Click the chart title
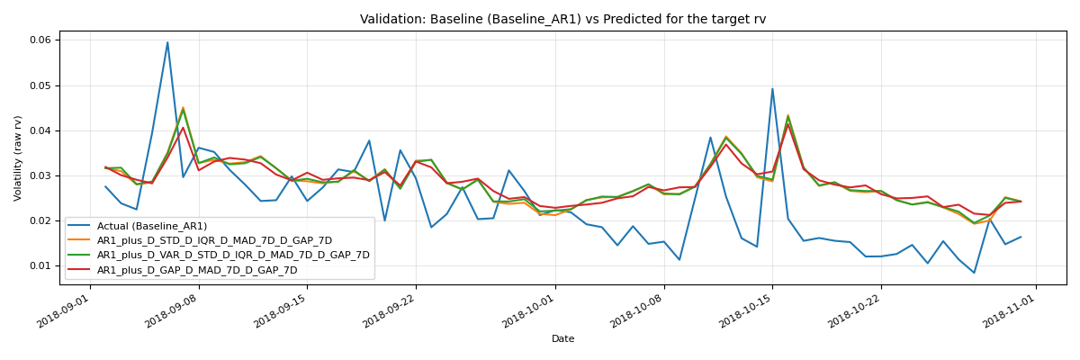562,19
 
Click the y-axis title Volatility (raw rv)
18,157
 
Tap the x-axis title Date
562,339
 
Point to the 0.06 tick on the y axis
40,40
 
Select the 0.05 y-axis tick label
40,85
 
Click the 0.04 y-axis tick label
40,130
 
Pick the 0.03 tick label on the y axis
40,175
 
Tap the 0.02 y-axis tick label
40,220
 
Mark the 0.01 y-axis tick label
40,265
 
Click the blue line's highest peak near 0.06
167,42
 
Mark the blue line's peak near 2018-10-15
772,88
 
